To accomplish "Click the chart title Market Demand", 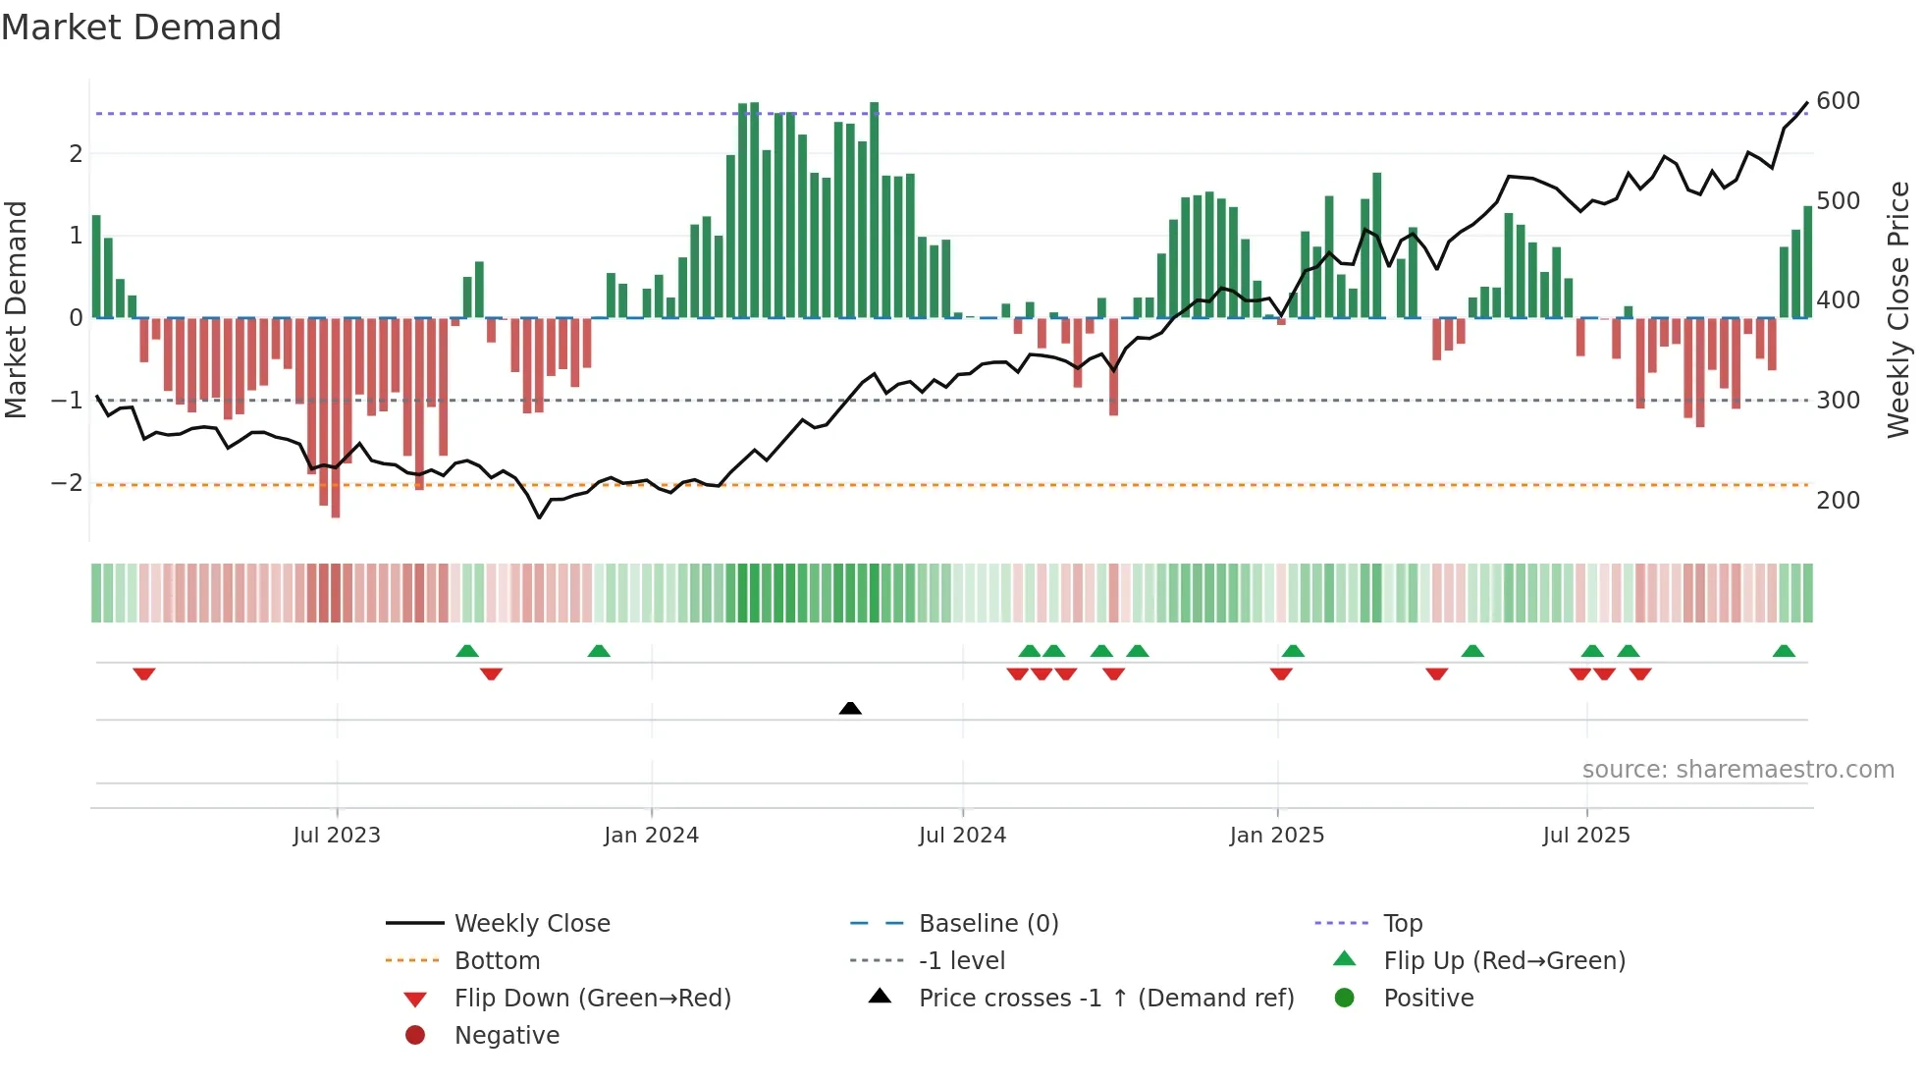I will [141, 27].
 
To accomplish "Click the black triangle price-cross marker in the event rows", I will [850, 708].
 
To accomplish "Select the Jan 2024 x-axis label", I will [651, 836].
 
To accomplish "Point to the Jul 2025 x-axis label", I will [1585, 836].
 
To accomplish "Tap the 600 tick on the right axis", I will [1838, 101].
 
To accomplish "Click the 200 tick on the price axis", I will [1838, 501].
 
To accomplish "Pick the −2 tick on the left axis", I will [67, 483].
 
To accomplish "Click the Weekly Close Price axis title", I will [1898, 309].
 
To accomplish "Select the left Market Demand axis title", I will [17, 309].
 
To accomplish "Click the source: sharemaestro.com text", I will [1737, 770].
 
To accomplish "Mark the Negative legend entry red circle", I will [415, 1036].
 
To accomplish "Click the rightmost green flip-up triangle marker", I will [1784, 651].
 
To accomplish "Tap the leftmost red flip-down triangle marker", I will [144, 674].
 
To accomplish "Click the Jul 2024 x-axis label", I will [962, 836].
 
